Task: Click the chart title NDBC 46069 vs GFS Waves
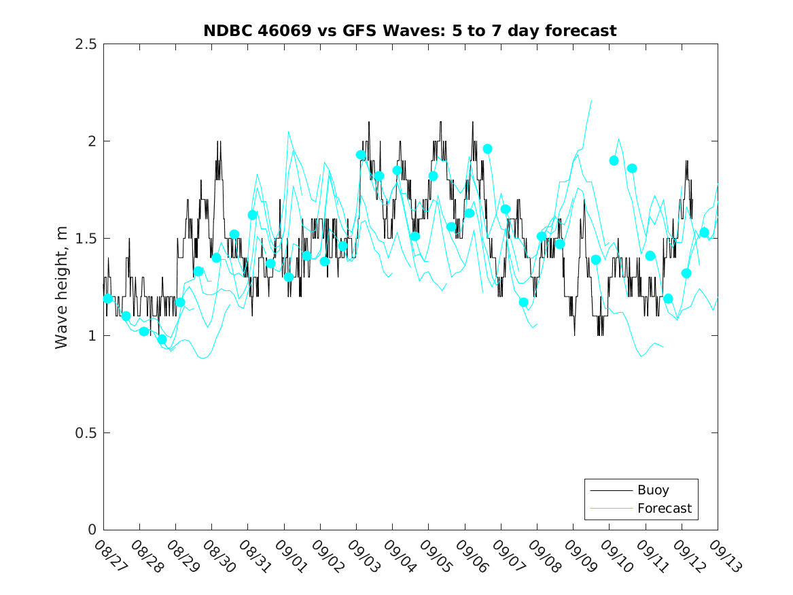point(410,31)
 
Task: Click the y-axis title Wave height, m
point(62,288)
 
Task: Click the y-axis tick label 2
point(91,141)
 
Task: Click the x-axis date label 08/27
point(110,557)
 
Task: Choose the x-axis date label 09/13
point(724,557)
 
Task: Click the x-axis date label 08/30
point(218,557)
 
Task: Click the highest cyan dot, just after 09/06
point(487,149)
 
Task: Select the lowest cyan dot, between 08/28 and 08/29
point(162,339)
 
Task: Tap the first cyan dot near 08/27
point(108,299)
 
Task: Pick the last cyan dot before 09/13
point(704,233)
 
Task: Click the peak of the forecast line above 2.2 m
point(591,101)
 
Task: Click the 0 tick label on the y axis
point(91,530)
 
